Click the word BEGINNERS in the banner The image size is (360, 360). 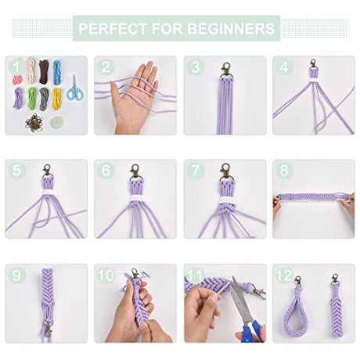(231, 28)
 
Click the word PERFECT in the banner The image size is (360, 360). (113, 28)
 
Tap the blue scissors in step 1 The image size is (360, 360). (75, 88)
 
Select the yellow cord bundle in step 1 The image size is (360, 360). (57, 99)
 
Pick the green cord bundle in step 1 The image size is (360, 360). (32, 98)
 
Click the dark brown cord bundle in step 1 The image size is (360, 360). (44, 72)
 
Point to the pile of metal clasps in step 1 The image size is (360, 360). (34, 122)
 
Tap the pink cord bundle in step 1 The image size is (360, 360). (17, 80)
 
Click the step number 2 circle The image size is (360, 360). (106, 67)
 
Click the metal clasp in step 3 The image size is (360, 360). (226, 70)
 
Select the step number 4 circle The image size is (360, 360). (284, 67)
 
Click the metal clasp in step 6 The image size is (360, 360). (135, 172)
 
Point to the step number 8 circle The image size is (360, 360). (284, 171)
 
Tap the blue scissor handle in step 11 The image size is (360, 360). (251, 332)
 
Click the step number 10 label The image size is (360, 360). (106, 275)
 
